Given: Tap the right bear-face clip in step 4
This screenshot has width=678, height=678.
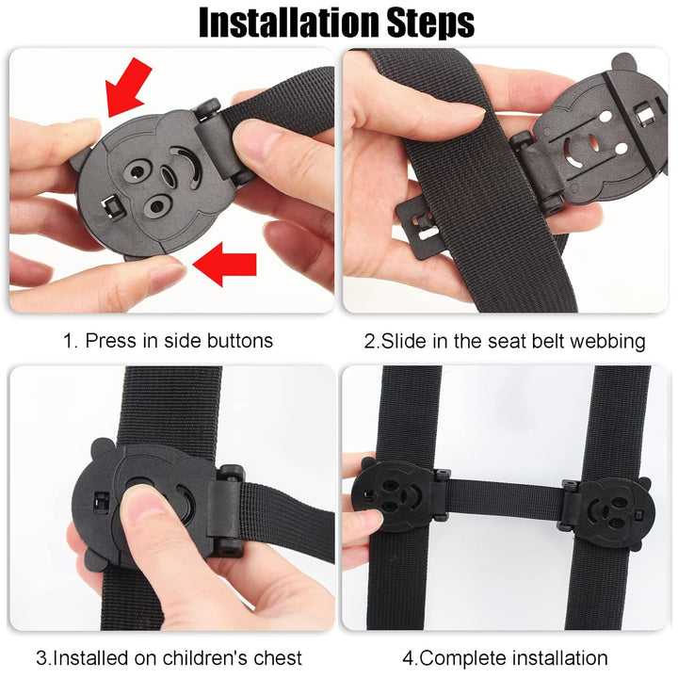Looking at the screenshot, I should point(607,512).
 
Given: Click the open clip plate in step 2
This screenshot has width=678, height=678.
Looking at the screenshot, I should point(603,141).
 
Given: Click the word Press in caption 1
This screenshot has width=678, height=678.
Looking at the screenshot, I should point(111,340).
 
